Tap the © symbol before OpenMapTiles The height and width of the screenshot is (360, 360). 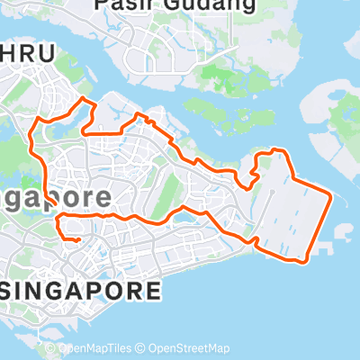click(50, 349)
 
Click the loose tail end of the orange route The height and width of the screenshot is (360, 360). click(65, 238)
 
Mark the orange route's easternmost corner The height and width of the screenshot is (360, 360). click(333, 194)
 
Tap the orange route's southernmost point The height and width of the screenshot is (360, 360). click(306, 262)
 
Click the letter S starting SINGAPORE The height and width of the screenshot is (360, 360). click(12, 291)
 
